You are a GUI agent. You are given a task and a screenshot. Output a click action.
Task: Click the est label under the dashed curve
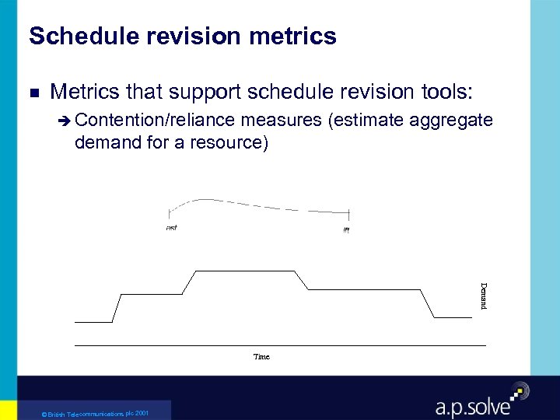tap(171, 228)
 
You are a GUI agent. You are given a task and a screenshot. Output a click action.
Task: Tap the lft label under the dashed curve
tap(346, 229)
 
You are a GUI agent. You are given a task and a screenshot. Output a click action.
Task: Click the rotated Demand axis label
tap(483, 296)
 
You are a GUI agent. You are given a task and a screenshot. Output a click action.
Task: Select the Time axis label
tap(261, 356)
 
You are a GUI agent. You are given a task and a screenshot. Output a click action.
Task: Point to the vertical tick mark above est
tap(170, 215)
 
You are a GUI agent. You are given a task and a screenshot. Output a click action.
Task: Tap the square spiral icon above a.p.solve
tap(518, 391)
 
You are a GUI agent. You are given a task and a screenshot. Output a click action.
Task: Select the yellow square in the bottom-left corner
tap(8, 410)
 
